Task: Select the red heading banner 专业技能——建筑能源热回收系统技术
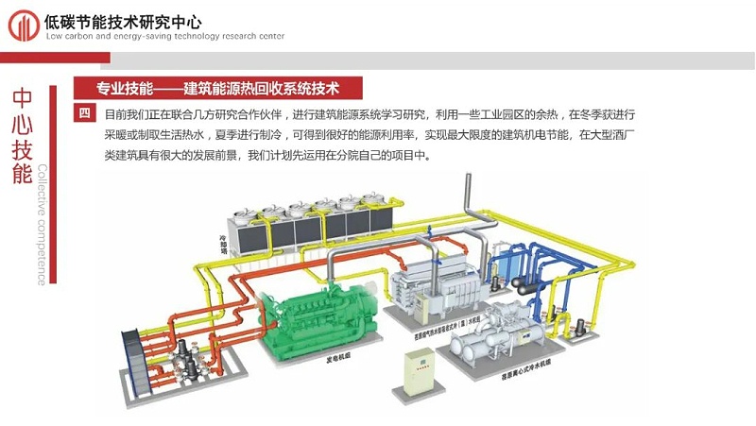coord(217,89)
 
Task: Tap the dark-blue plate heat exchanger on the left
coord(144,353)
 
